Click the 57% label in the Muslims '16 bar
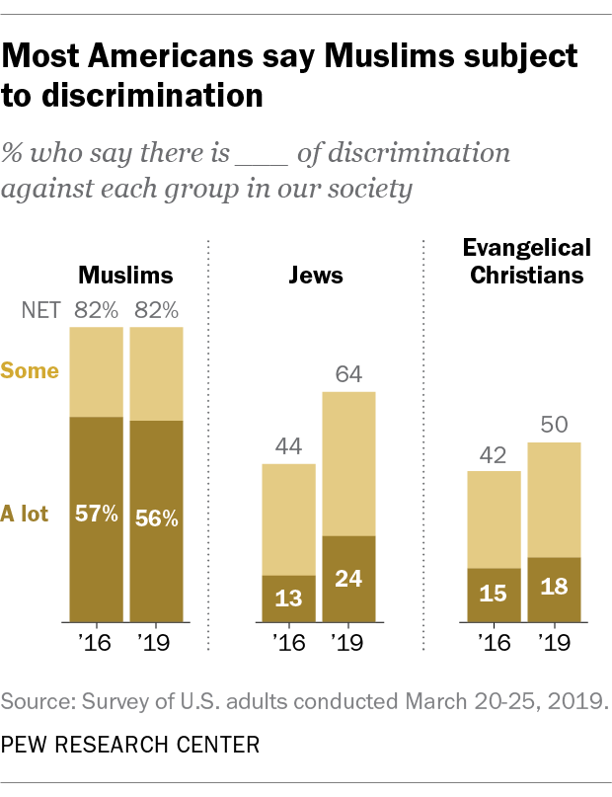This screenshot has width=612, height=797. [x=97, y=515]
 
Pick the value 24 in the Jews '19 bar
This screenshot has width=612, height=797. [x=347, y=578]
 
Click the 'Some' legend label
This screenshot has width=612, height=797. [x=30, y=371]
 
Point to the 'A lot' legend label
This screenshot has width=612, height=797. [x=25, y=514]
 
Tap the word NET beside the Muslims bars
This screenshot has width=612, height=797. [x=41, y=312]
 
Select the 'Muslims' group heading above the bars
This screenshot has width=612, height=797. [x=125, y=275]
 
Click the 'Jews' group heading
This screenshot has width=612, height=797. [x=316, y=275]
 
